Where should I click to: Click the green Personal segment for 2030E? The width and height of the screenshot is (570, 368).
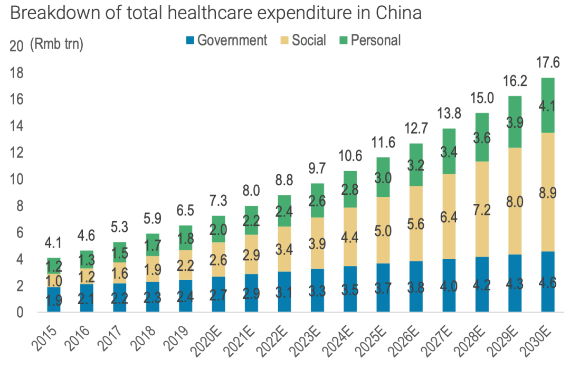coord(548,105)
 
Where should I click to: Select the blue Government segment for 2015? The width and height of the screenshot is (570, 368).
coord(54,299)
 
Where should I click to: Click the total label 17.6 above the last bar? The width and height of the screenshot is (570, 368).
coord(548,62)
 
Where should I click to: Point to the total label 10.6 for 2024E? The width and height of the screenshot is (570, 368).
coord(351,157)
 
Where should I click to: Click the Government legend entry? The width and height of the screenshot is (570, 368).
coord(226,40)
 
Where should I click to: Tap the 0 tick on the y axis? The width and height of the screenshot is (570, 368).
coord(20,313)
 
